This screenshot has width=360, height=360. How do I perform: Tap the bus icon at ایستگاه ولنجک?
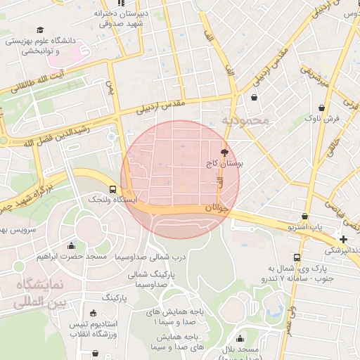pos(112,189)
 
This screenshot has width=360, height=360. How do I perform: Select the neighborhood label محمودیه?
pos(246,120)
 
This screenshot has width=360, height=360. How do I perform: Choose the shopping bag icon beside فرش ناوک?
pos(321,108)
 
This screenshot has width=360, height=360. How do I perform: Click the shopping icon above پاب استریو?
pos(304,216)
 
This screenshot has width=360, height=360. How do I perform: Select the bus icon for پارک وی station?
pos(297,257)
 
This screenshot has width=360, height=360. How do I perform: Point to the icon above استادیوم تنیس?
pos(94,313)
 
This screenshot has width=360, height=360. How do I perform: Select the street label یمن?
pos(109,87)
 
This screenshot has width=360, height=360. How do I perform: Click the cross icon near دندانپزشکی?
pos(342,239)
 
